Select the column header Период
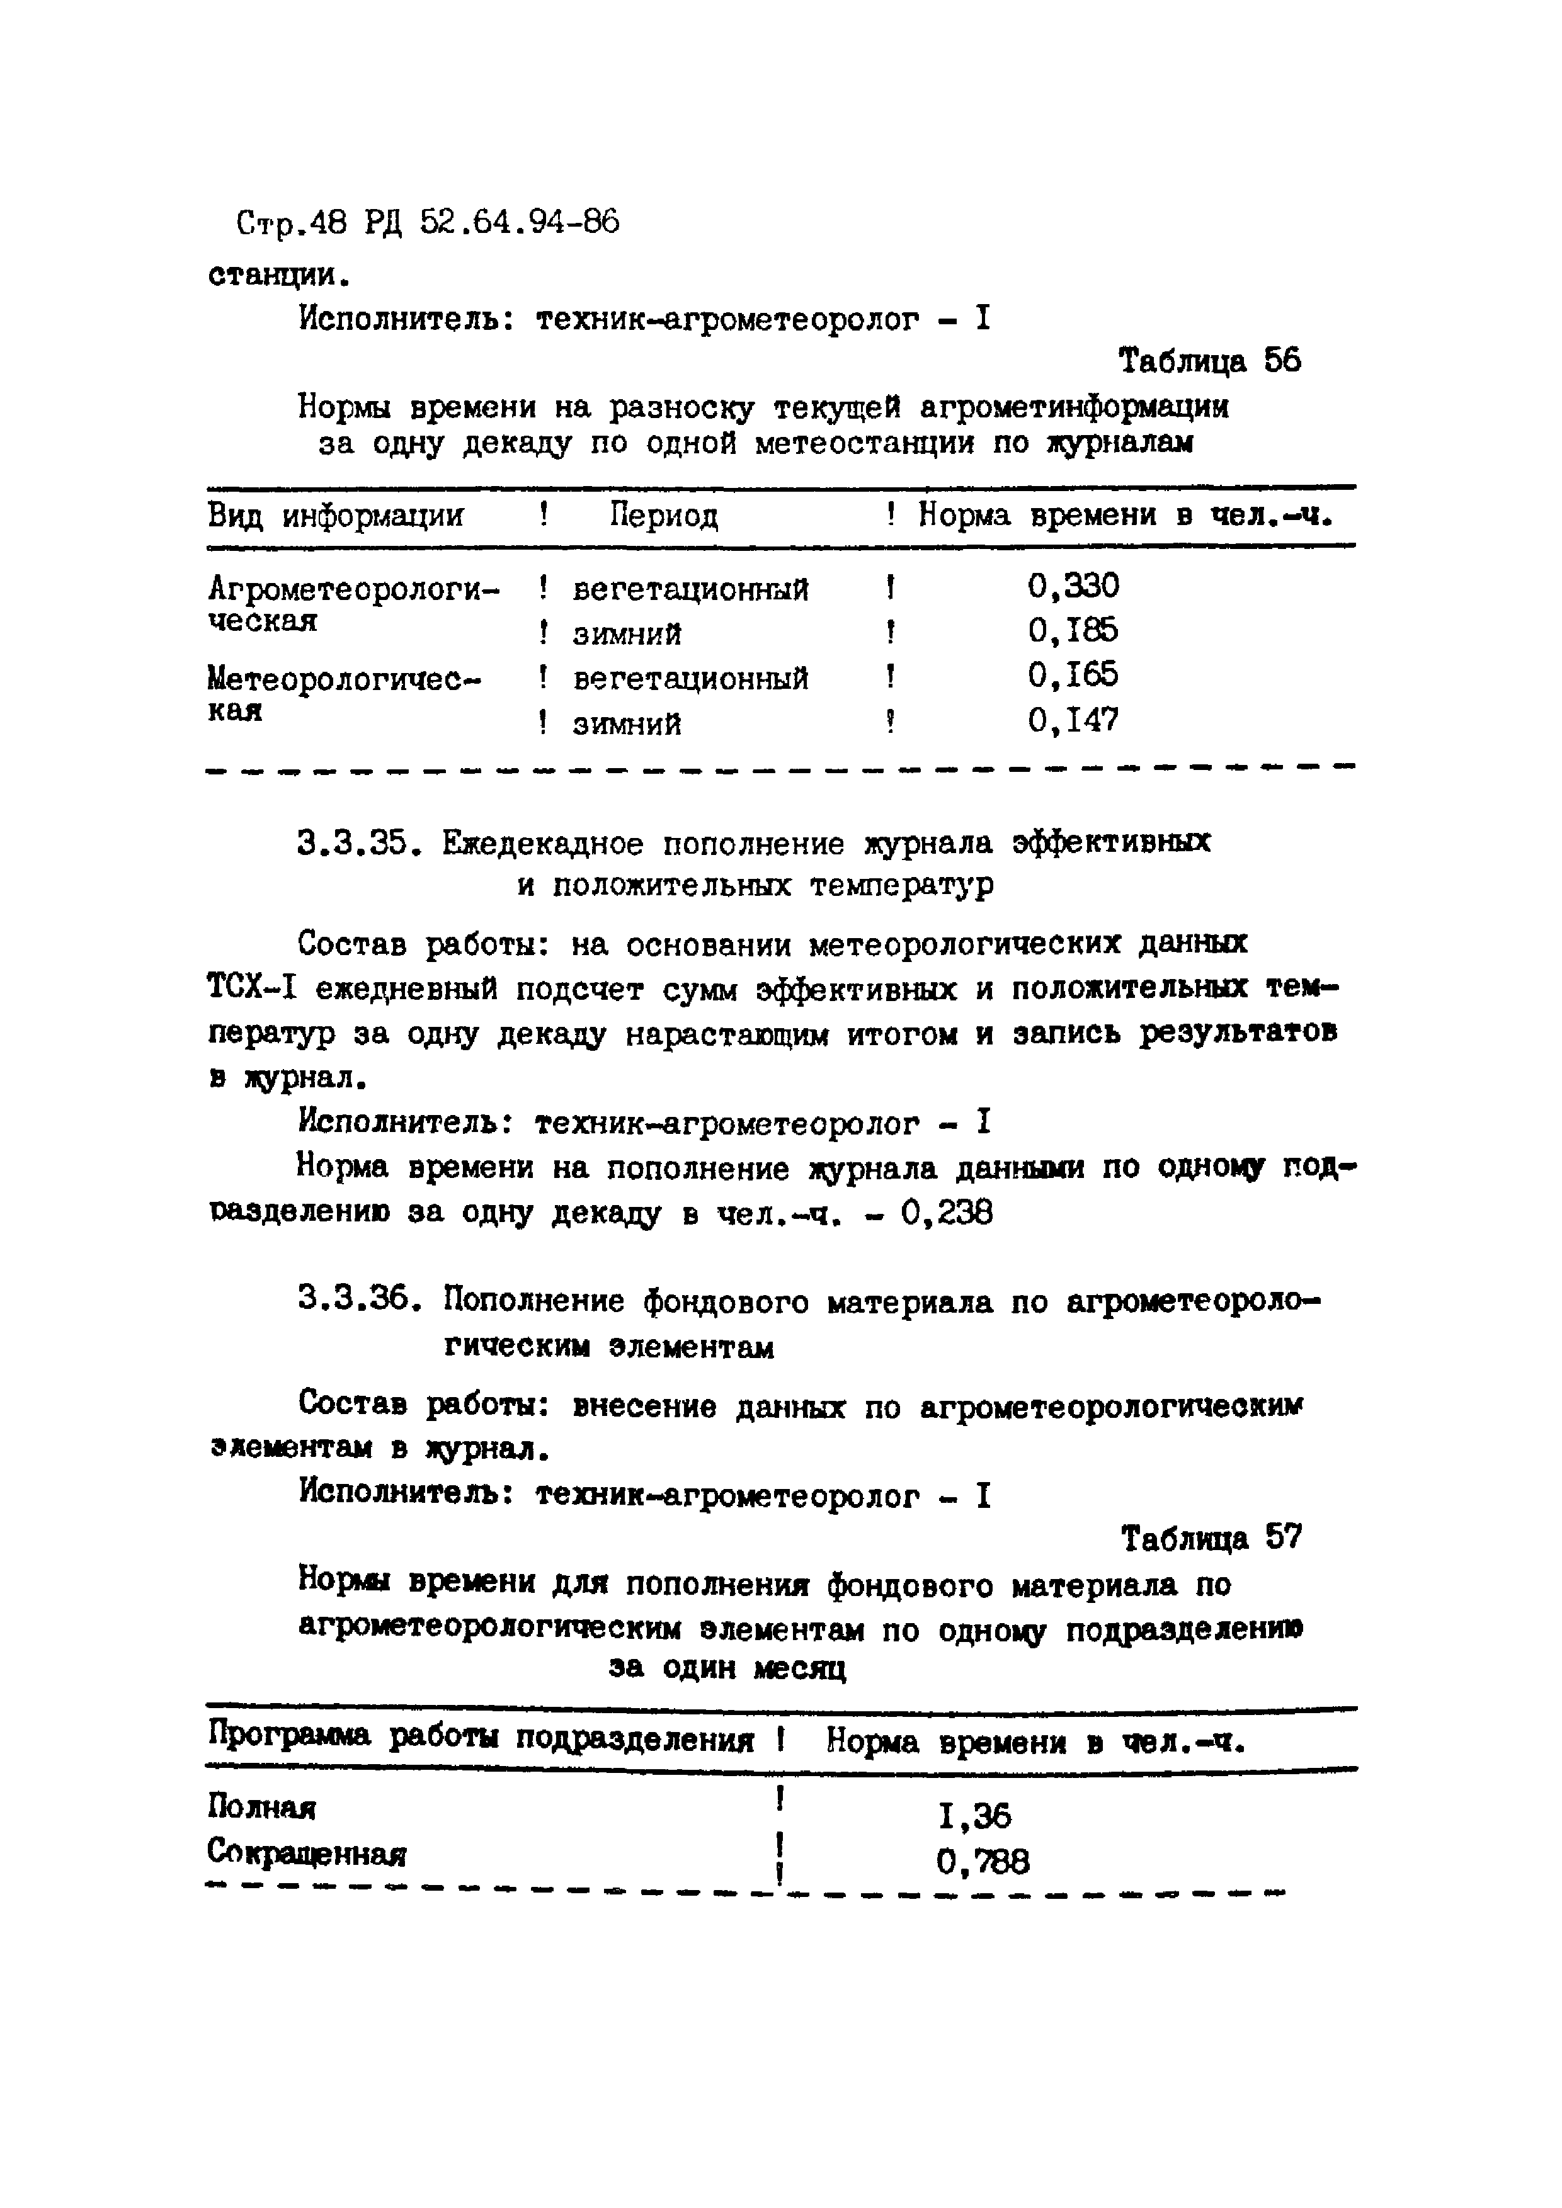coord(664,516)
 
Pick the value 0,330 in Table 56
coord(1073,586)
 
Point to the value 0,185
coord(1073,631)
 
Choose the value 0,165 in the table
coord(1073,675)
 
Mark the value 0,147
coord(1073,720)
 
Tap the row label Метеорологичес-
coord(343,678)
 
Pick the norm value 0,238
coord(947,1214)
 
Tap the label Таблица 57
coord(1211,1539)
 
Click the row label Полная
coord(261,1809)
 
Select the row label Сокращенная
coord(306,1853)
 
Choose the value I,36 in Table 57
coord(973,1816)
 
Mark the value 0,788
coord(982,1863)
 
